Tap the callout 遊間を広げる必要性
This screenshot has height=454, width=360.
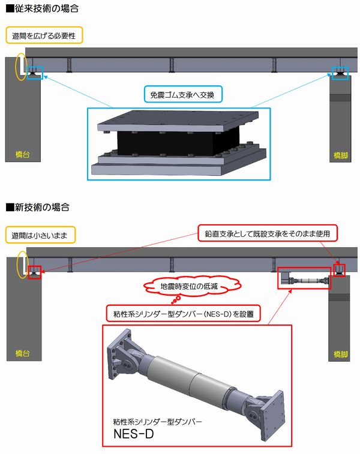[x=44, y=35]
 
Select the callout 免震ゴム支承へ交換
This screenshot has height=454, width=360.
[x=183, y=94]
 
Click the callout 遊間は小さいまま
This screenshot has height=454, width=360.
[x=40, y=235]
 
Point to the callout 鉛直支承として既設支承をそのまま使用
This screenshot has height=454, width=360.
[x=268, y=233]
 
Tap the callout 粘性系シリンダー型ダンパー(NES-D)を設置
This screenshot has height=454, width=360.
[x=183, y=314]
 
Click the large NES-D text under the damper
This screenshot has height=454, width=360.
[x=134, y=434]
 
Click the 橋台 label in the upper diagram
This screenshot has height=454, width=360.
[x=23, y=154]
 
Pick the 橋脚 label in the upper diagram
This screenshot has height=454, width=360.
[x=341, y=155]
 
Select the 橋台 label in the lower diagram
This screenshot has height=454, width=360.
[x=23, y=353]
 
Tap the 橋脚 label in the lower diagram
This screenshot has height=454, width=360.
[x=341, y=354]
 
